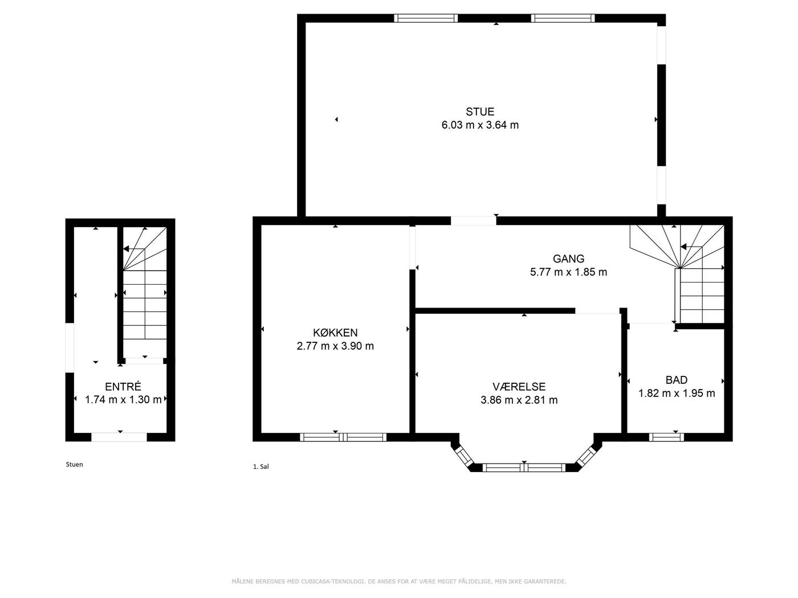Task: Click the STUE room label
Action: click(x=479, y=111)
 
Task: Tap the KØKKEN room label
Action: click(x=335, y=332)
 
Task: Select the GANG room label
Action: click(x=568, y=259)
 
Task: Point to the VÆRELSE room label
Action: click(x=519, y=386)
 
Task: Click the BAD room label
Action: click(x=676, y=380)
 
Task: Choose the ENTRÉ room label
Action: click(x=123, y=386)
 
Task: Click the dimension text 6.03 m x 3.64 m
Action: click(x=480, y=125)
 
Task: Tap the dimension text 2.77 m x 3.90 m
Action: click(x=335, y=346)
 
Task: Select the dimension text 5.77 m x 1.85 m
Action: click(x=568, y=272)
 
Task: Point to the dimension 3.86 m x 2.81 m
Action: click(x=519, y=400)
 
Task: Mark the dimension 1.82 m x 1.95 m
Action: click(x=677, y=393)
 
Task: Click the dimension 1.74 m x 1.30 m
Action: click(x=123, y=400)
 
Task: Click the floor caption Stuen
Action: click(x=74, y=464)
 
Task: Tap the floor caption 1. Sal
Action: click(x=260, y=466)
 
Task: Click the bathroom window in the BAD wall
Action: click(x=666, y=437)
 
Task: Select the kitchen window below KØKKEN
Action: click(x=343, y=437)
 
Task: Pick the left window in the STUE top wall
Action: click(x=426, y=18)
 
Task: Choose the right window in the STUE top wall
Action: click(x=563, y=18)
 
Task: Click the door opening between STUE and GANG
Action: click(x=473, y=220)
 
